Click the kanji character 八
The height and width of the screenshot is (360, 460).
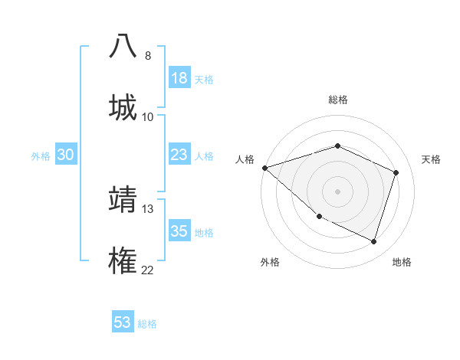(123, 46)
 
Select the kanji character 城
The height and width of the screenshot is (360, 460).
(123, 106)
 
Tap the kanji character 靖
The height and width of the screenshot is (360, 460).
(123, 198)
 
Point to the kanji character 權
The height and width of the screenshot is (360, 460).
(123, 260)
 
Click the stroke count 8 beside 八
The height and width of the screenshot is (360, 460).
(148, 56)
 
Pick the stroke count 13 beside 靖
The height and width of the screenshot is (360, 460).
(148, 208)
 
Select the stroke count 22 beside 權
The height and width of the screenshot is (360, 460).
(148, 270)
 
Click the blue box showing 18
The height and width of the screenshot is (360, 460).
(179, 78)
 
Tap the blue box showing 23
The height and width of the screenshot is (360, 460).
(179, 155)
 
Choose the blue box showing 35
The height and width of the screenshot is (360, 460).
(179, 231)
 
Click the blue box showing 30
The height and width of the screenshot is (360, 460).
(65, 155)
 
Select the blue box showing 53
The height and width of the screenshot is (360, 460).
(122, 322)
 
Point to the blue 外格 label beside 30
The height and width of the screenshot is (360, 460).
(41, 156)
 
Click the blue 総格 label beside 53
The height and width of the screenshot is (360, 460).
(147, 324)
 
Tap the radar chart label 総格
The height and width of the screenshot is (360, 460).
(338, 100)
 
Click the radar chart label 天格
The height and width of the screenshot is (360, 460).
(432, 159)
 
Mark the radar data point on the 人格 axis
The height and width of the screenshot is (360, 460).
(264, 168)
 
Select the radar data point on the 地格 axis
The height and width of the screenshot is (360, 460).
(373, 241)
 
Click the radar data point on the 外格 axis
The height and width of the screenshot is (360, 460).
(320, 216)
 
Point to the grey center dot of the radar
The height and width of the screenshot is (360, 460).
(337, 191)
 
